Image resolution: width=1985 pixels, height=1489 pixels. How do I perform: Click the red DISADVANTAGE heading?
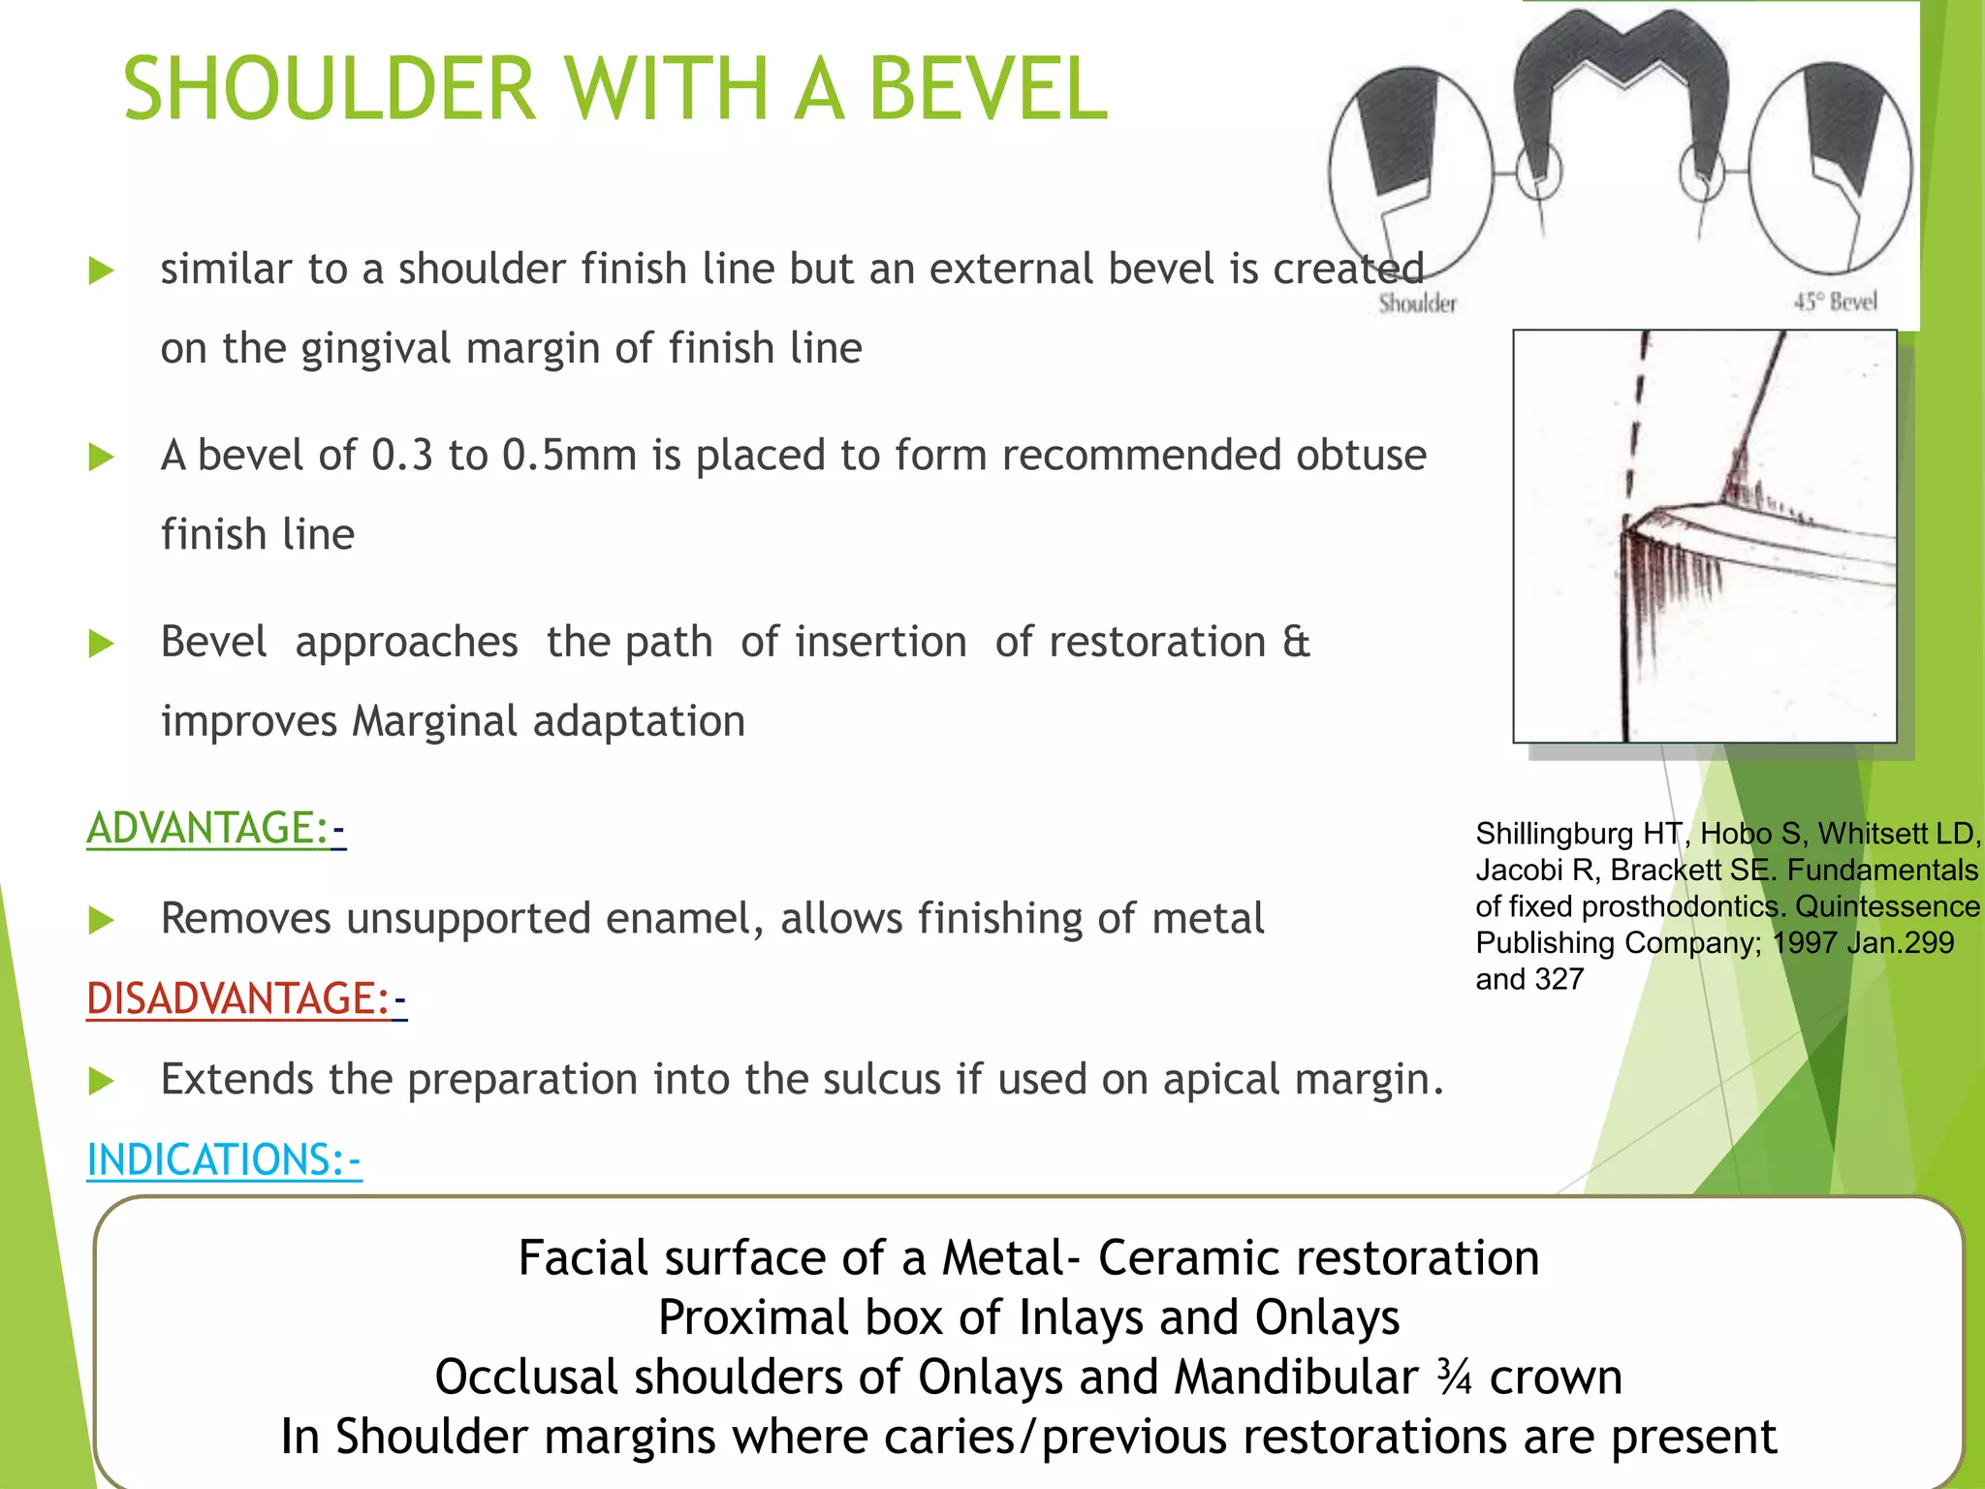click(238, 999)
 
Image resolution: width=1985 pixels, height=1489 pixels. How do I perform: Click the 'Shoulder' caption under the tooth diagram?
click(1417, 304)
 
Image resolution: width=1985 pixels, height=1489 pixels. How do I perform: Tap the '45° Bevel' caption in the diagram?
click(1835, 302)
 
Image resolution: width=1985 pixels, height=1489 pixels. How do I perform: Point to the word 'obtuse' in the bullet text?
click(1362, 456)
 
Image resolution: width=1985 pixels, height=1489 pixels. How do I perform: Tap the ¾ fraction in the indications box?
click(1454, 1378)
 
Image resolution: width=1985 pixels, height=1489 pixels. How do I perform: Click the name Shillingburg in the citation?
click(1555, 834)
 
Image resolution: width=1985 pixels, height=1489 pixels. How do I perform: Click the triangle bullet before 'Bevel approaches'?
click(101, 644)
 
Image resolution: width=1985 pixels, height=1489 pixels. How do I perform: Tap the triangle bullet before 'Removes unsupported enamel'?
click(101, 920)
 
